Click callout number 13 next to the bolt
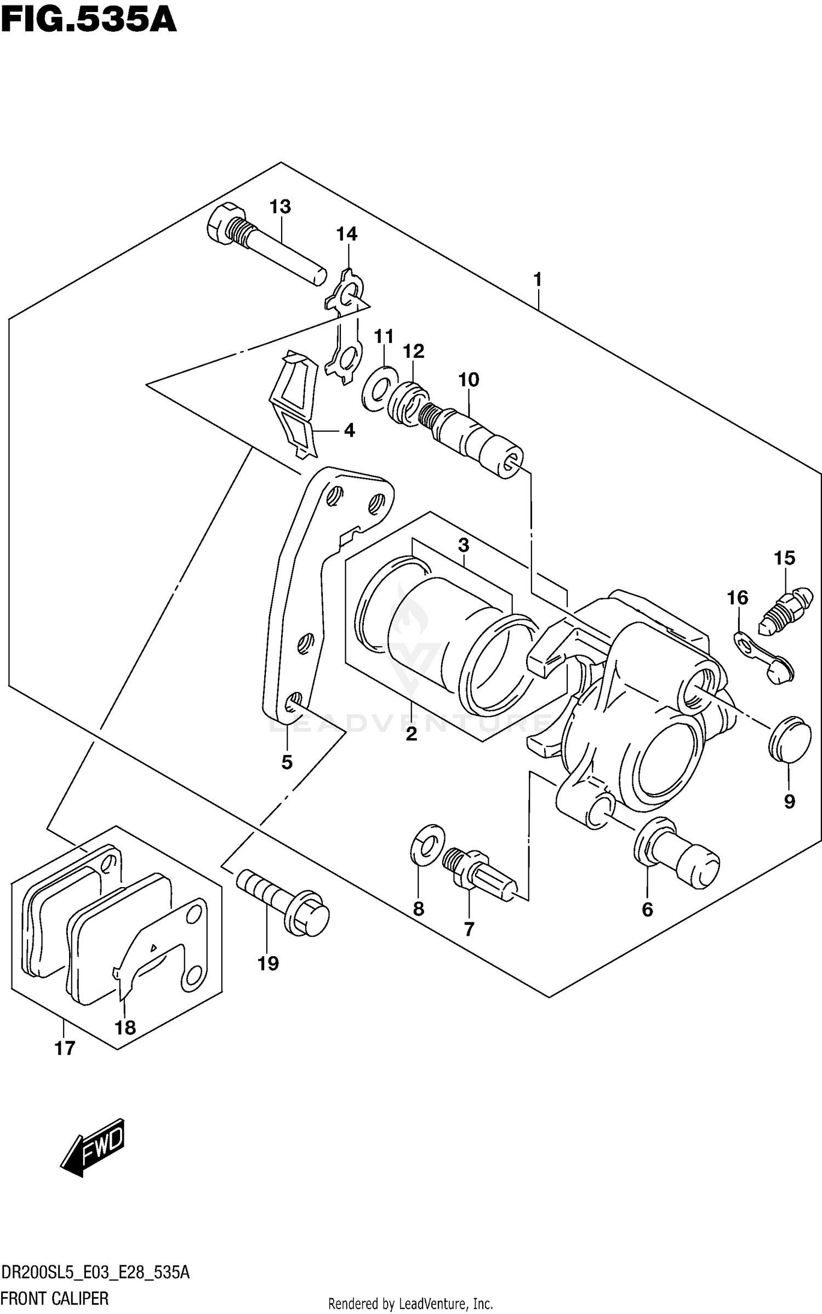pos(279,207)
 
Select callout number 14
pos(346,235)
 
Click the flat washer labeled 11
pos(379,390)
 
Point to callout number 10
pos(469,379)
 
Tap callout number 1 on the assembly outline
pos(538,279)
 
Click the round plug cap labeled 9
pos(789,739)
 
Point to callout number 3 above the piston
pos(464,545)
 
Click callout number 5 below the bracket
pos(287,762)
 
